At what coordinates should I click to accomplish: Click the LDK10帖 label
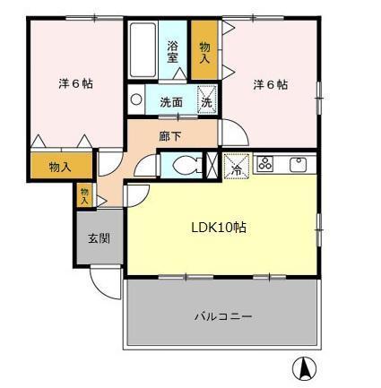[218, 228]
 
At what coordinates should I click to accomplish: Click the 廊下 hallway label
[170, 137]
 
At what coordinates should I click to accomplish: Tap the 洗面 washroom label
[171, 102]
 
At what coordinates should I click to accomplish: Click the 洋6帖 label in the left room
[76, 83]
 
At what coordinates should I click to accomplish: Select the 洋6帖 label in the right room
[270, 85]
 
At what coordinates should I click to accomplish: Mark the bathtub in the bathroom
[143, 50]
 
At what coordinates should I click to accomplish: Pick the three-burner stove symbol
[266, 163]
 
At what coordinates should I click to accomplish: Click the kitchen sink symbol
[299, 164]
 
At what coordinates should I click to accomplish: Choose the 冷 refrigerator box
[236, 167]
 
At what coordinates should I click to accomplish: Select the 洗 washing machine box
[206, 101]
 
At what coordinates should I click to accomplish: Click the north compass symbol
[304, 367]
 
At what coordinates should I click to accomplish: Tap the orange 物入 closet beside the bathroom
[204, 51]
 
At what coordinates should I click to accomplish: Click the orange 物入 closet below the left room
[60, 167]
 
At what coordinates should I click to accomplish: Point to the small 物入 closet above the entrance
[84, 195]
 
